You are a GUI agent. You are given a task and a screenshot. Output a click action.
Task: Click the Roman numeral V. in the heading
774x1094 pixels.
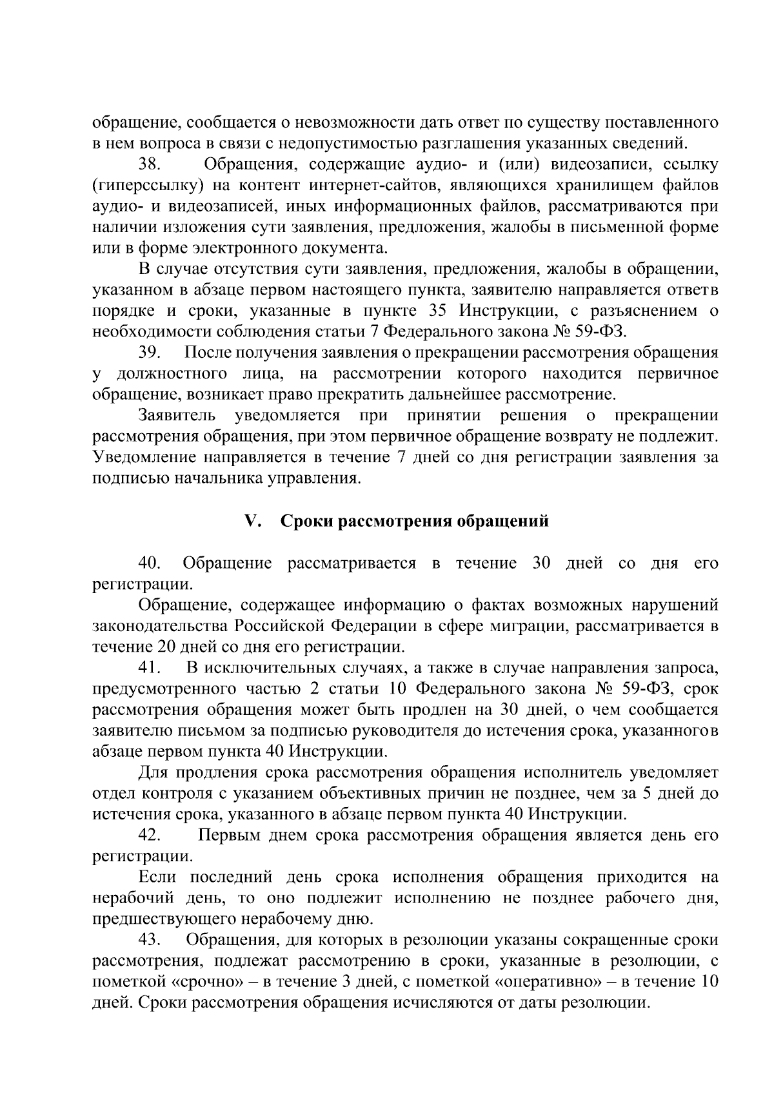(x=252, y=521)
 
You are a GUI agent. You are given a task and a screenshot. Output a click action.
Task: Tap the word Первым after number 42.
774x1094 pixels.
(x=226, y=835)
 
